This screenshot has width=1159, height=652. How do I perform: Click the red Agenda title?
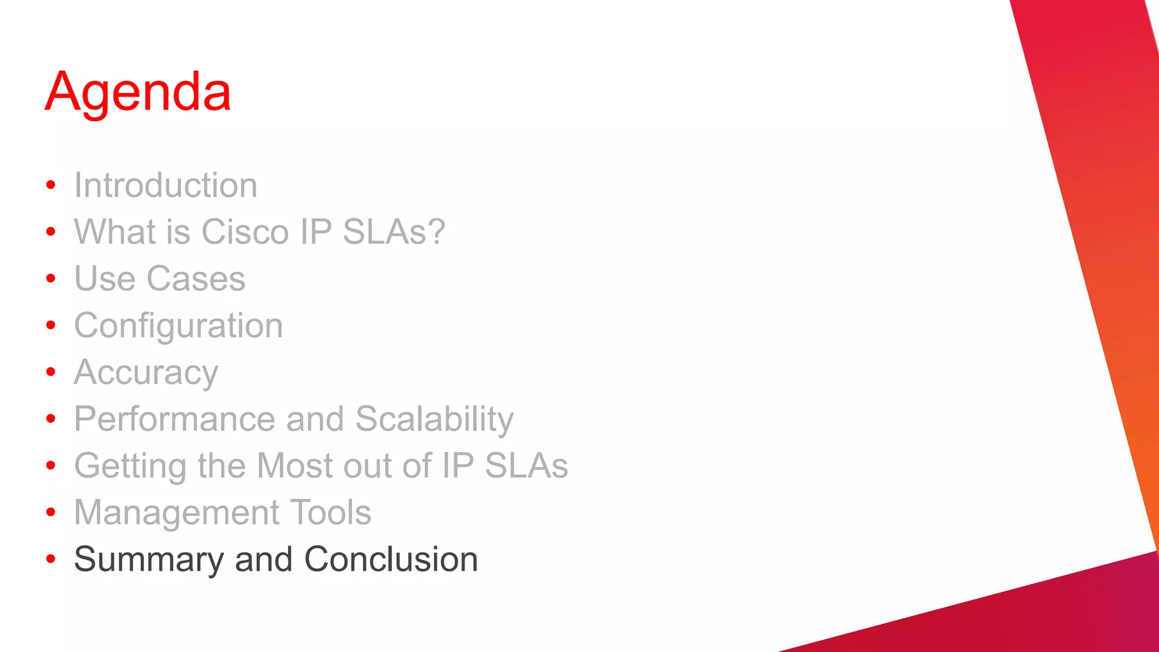pos(138,92)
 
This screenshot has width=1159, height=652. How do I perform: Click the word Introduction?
pos(165,186)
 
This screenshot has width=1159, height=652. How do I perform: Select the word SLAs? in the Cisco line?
pos(394,232)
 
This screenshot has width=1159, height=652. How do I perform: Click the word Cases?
pos(196,279)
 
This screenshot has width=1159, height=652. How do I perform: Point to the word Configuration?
pos(178,327)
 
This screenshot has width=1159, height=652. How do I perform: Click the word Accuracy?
pos(146,373)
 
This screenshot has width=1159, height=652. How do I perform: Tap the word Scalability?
pos(434,419)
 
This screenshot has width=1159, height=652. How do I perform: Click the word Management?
pos(175,513)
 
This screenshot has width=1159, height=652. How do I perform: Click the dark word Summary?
pos(149,560)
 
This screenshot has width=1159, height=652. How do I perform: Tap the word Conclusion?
pos(390,560)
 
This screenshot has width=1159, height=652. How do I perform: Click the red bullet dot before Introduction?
pos(51,185)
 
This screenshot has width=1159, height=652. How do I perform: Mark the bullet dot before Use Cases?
pos(51,278)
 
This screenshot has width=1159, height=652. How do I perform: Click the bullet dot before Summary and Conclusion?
pos(51,559)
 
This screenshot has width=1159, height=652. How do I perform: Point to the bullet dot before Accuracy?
pos(51,372)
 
